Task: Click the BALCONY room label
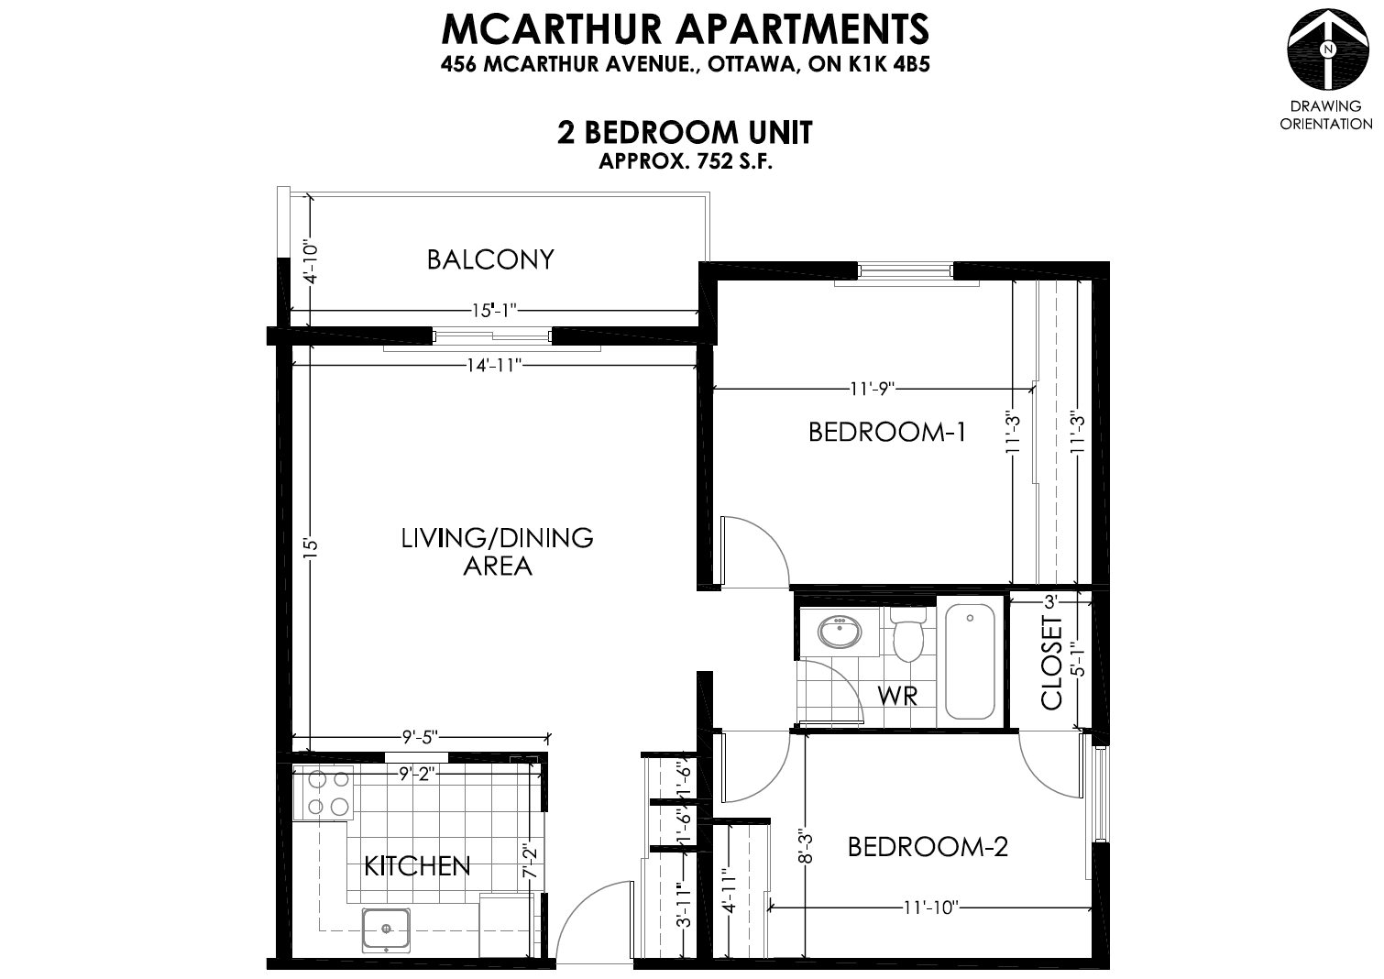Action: (490, 259)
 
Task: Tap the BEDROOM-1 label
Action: (886, 432)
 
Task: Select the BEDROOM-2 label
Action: (928, 847)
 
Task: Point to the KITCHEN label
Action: (417, 866)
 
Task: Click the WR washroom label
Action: (897, 696)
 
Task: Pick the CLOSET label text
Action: (1051, 663)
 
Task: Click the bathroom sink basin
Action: (839, 631)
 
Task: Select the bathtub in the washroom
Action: (970, 661)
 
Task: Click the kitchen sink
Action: (386, 929)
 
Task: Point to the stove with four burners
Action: (324, 793)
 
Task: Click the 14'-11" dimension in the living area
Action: (494, 366)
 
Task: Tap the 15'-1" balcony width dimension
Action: (494, 310)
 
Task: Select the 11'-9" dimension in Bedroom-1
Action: (873, 389)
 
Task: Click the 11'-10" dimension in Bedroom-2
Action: (930, 907)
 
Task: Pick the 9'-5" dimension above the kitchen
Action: (420, 737)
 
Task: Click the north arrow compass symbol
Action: (1327, 49)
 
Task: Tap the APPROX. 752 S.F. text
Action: (686, 162)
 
